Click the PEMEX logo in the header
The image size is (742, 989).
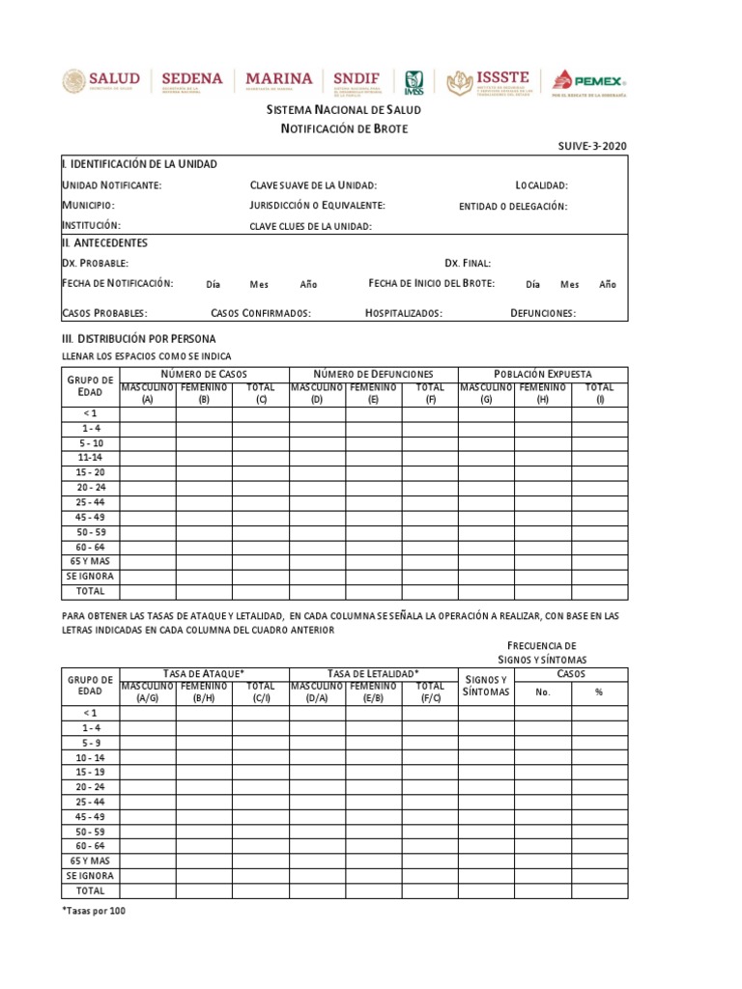[x=588, y=83]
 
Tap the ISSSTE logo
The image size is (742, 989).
[x=488, y=83]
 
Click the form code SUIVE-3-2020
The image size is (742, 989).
[x=592, y=146]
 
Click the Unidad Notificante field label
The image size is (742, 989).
[x=112, y=185]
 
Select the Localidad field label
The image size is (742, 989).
[x=542, y=185]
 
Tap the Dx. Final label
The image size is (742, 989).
[x=468, y=263]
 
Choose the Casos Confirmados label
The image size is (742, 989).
[x=261, y=313]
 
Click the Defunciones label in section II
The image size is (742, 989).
[x=543, y=313]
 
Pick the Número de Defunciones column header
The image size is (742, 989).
[x=374, y=374]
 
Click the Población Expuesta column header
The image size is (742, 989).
[x=543, y=374]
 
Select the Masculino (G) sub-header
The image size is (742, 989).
[x=486, y=393]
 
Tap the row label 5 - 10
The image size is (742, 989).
[x=92, y=443]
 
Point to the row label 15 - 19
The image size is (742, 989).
[x=92, y=772]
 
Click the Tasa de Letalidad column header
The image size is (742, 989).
[x=374, y=673]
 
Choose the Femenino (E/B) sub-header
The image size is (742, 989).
[x=374, y=692]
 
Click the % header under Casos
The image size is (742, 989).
[x=599, y=692]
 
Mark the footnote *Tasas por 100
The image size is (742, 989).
[x=94, y=911]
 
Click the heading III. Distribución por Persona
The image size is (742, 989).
[x=139, y=338]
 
